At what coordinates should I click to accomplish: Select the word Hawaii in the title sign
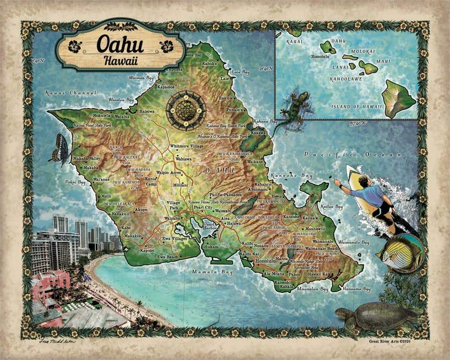(120, 60)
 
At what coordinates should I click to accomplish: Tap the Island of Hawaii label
(352, 106)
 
